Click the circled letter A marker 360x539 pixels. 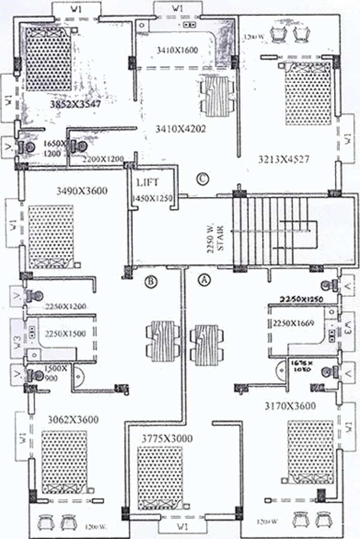[204, 279]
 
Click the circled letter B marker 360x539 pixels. [151, 282]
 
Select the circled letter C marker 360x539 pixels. [203, 178]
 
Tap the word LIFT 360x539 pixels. [148, 182]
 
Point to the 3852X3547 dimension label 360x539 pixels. [75, 105]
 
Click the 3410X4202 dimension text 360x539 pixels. [181, 129]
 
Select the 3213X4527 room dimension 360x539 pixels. [284, 159]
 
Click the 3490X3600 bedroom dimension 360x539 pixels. [82, 191]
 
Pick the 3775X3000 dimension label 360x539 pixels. [167, 439]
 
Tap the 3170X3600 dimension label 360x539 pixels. [290, 406]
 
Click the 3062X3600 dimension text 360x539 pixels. [73, 420]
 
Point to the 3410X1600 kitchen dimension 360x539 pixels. [177, 50]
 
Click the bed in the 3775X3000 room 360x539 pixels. [160, 478]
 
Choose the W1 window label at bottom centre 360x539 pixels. [182, 527]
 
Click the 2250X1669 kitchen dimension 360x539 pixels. [294, 323]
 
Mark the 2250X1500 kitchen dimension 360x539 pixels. [65, 334]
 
